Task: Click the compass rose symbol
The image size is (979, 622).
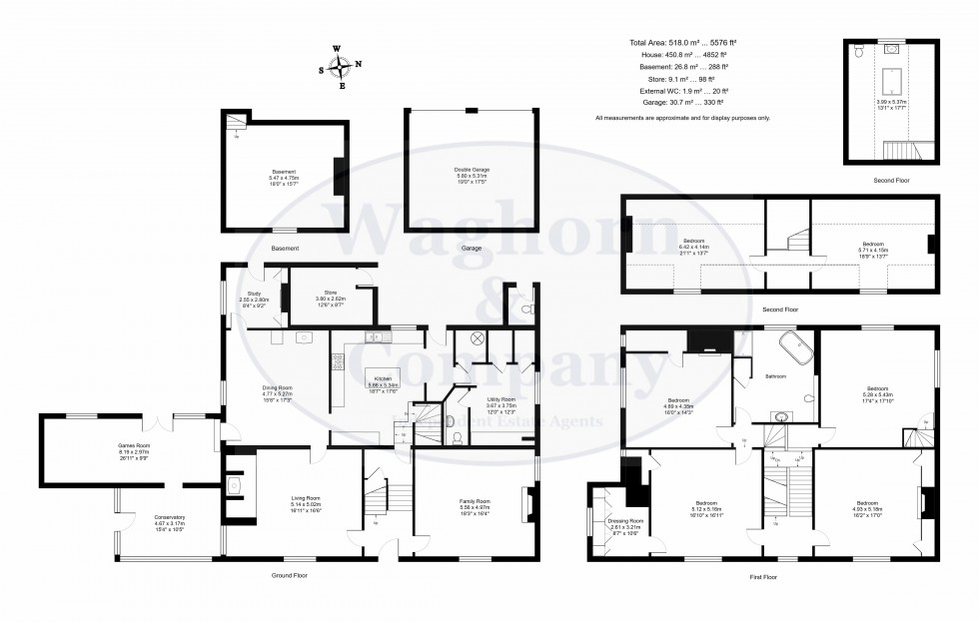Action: click(341, 68)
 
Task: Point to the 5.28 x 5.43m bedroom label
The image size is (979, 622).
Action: click(877, 391)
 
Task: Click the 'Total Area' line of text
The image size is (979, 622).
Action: click(682, 44)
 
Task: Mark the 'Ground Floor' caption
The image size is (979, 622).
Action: click(289, 576)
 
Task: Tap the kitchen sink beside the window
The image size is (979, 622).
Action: click(376, 337)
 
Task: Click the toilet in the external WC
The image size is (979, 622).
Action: click(525, 311)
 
